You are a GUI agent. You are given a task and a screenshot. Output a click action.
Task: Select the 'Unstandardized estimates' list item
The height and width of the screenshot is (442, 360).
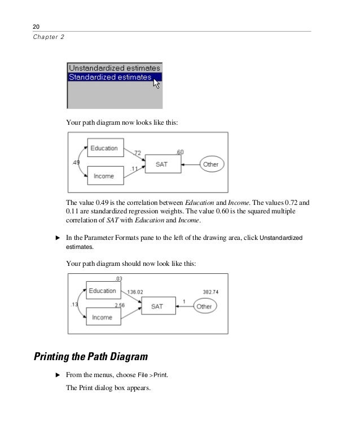[114, 68]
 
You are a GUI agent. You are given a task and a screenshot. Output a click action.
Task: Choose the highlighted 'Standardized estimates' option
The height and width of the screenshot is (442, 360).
[110, 77]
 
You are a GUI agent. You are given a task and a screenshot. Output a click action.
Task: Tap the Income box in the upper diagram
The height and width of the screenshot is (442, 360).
[103, 176]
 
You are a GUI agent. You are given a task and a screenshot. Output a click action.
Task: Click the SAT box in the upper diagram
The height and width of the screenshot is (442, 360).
[163, 164]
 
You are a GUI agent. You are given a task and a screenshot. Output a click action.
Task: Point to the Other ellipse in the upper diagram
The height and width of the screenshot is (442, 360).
[210, 164]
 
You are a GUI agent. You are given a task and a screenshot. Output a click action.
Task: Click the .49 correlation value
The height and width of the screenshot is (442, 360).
[76, 163]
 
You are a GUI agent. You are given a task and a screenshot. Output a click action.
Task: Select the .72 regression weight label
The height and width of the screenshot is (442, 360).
[137, 152]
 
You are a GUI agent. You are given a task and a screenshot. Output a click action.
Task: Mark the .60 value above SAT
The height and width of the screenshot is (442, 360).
[179, 152]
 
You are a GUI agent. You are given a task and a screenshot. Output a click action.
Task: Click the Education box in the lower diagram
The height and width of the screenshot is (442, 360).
[103, 291]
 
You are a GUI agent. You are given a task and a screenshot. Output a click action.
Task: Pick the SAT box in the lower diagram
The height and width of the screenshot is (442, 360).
[156, 306]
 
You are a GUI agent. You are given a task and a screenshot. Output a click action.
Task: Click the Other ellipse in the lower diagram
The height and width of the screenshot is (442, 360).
[204, 307]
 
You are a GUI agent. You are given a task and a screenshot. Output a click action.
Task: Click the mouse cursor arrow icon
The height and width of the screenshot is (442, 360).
[156, 84]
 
